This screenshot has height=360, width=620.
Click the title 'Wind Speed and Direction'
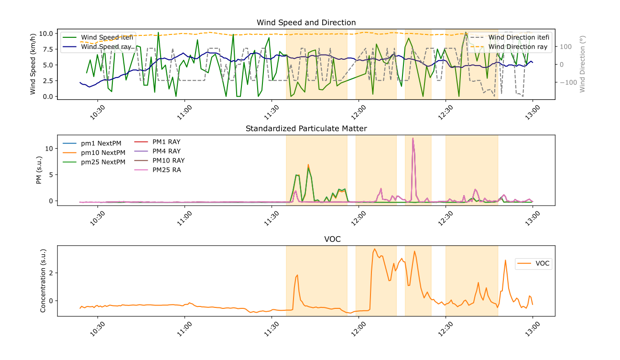pos(306,22)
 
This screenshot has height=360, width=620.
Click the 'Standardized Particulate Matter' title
pos(306,128)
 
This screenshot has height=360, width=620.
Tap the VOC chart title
pos(306,239)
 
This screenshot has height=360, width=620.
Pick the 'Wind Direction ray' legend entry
pos(518,46)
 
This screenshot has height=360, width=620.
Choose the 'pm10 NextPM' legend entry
pos(103,153)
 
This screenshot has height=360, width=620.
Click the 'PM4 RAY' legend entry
pos(166,151)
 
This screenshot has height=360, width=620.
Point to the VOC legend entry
pos(542,263)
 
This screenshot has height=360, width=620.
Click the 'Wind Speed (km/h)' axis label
pos(33,65)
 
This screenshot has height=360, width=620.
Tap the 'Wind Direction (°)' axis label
pos(582,65)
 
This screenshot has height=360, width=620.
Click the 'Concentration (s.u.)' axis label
pos(43,281)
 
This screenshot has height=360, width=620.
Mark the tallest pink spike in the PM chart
pos(413,138)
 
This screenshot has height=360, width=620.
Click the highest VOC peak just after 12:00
pos(374,249)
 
